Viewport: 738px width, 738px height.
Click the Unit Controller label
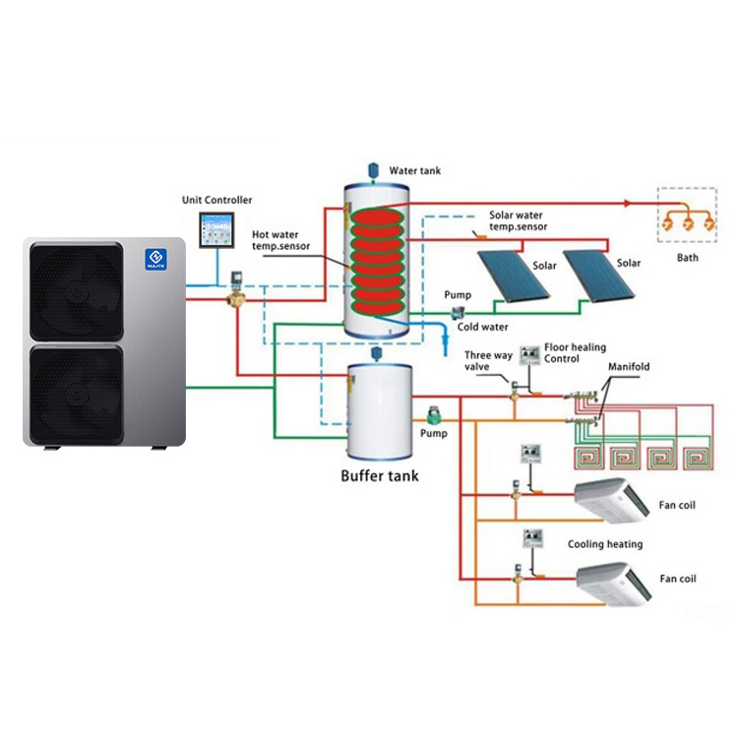(216, 200)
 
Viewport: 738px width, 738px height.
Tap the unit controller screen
(215, 232)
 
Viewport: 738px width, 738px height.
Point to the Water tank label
(415, 170)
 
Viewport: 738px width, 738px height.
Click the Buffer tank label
(379, 475)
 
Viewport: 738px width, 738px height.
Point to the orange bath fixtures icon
(688, 220)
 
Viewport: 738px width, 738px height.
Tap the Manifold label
(629, 367)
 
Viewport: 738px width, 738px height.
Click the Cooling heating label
(605, 544)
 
